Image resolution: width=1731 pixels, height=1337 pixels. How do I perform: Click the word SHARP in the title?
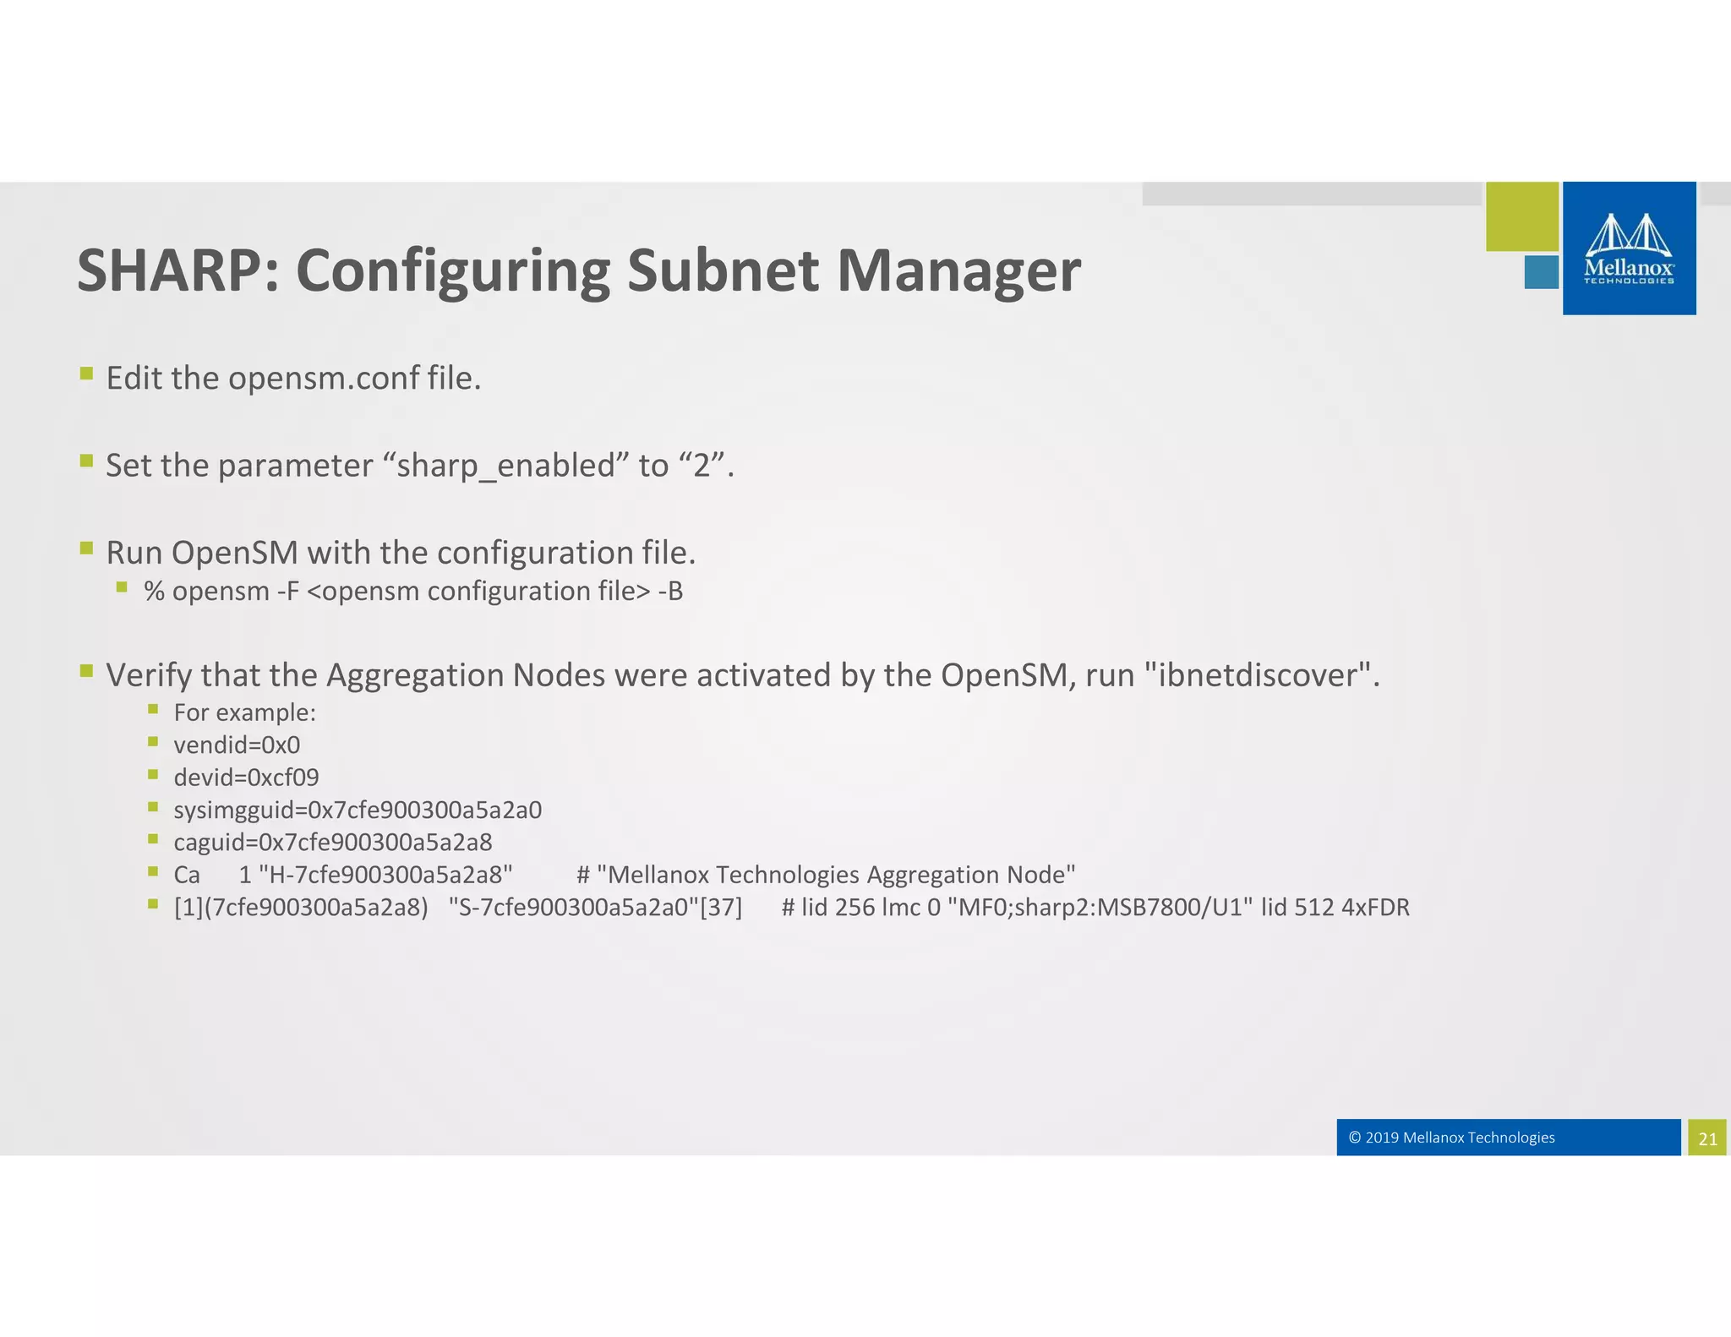click(169, 270)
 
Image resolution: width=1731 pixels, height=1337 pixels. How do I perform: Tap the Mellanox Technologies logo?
click(1629, 248)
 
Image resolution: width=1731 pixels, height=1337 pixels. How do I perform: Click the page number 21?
click(1707, 1138)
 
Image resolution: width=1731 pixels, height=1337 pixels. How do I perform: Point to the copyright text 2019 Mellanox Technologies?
click(1451, 1138)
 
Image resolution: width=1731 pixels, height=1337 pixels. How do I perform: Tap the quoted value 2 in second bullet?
click(701, 466)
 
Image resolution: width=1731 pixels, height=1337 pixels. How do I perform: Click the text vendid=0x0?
click(237, 745)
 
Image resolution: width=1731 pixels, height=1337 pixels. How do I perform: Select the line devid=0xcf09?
click(246, 778)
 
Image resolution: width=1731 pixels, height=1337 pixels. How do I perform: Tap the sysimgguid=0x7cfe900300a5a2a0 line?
click(358, 810)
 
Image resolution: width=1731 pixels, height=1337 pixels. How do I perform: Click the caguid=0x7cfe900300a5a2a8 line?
click(332, 843)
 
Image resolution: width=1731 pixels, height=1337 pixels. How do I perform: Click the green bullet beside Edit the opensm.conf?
click(86, 373)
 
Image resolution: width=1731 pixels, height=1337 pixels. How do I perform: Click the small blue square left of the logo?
click(1541, 273)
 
